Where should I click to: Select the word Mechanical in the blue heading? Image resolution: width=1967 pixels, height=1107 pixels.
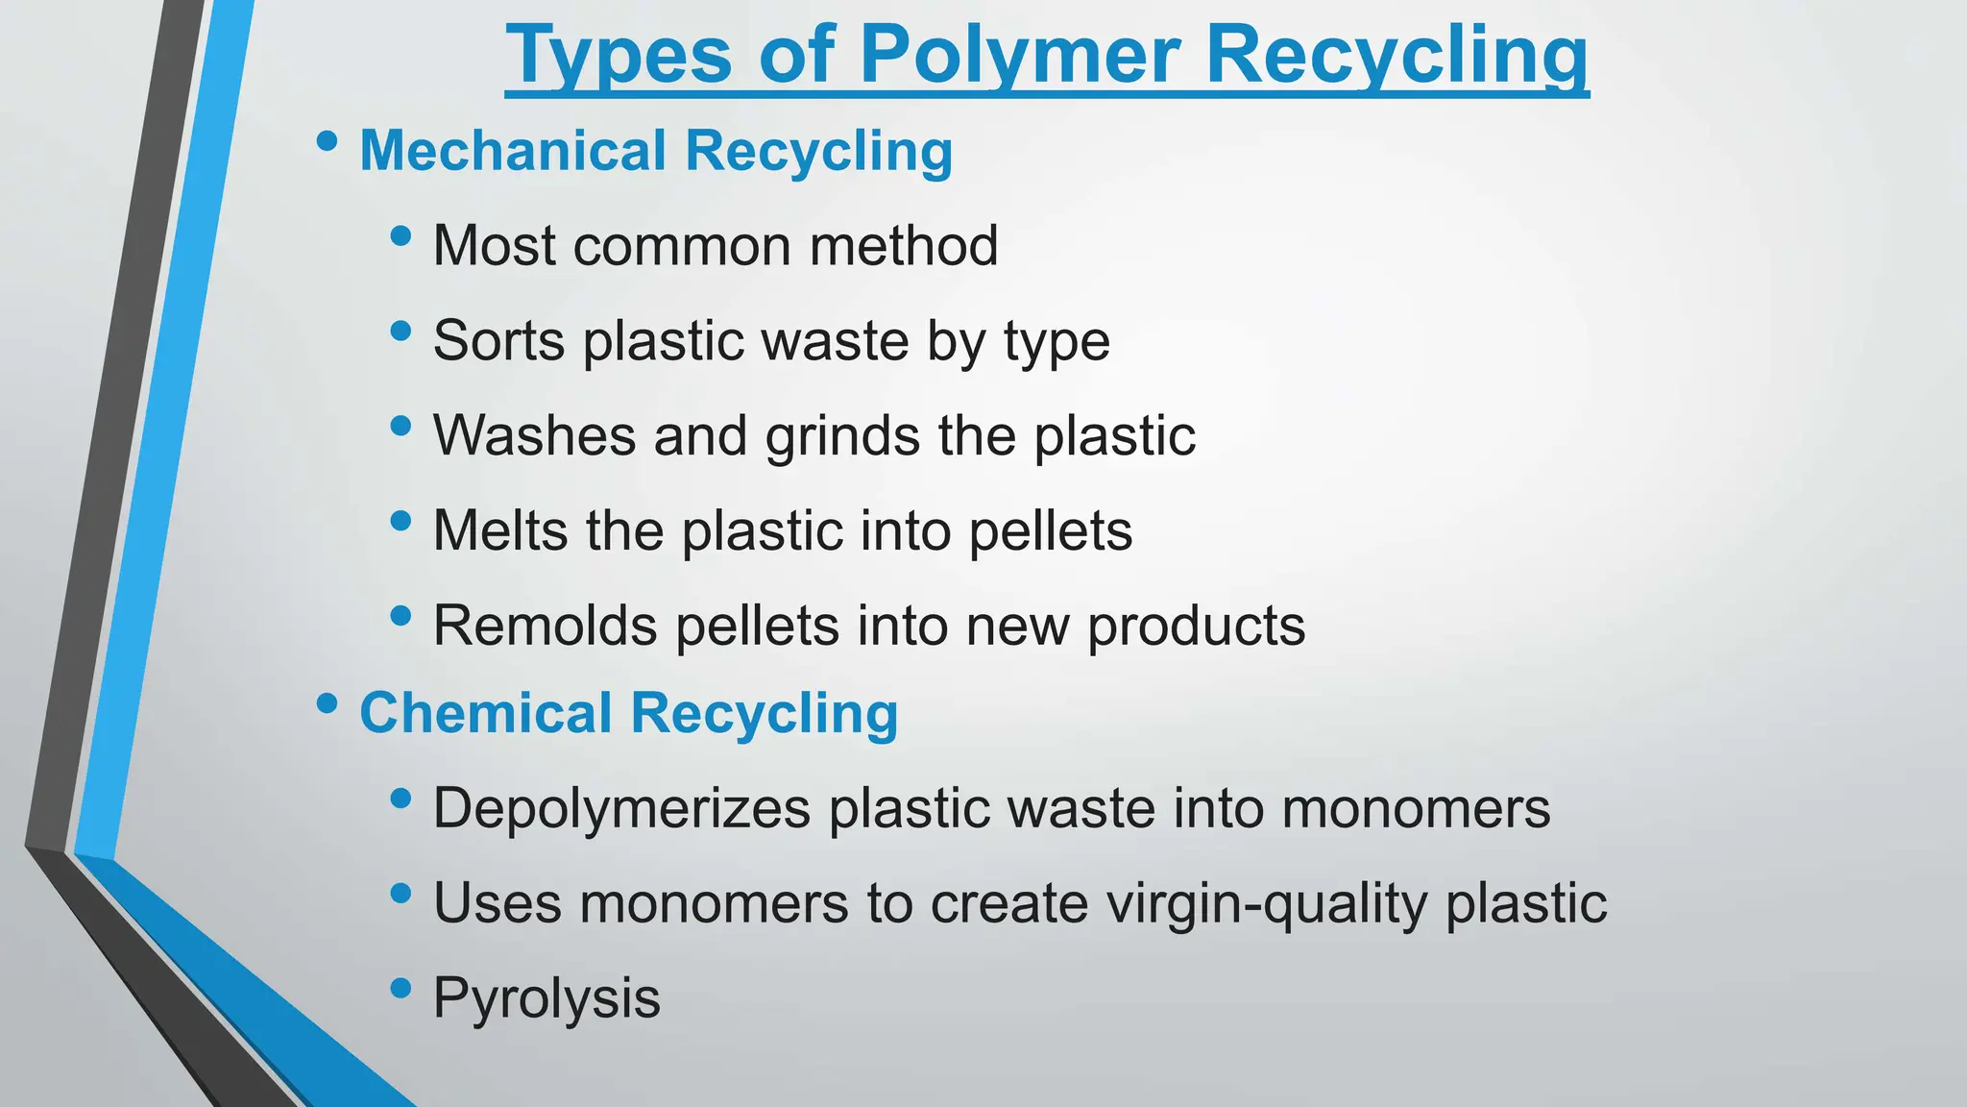pyautogui.click(x=513, y=151)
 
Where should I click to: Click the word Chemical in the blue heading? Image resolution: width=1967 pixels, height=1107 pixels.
pyautogui.click(x=486, y=713)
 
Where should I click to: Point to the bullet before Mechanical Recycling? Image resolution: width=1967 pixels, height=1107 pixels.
pyautogui.click(x=327, y=142)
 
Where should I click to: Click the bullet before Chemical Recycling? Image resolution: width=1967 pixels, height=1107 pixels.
pyautogui.click(x=327, y=704)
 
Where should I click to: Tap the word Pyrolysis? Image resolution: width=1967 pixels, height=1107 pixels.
pyautogui.click(x=546, y=998)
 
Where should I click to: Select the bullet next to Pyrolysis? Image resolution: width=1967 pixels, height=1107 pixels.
pyautogui.click(x=401, y=988)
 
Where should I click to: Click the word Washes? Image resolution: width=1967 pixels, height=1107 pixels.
pyautogui.click(x=535, y=435)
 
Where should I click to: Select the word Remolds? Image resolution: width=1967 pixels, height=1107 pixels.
pyautogui.click(x=546, y=626)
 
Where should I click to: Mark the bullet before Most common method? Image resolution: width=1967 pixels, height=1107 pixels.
pyautogui.click(x=401, y=235)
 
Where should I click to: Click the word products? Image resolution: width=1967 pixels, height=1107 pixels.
pyautogui.click(x=1196, y=626)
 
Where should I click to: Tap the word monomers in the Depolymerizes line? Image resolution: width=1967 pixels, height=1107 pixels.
pyautogui.click(x=1416, y=808)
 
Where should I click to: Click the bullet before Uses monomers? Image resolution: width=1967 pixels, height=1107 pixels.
pyautogui.click(x=401, y=894)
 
